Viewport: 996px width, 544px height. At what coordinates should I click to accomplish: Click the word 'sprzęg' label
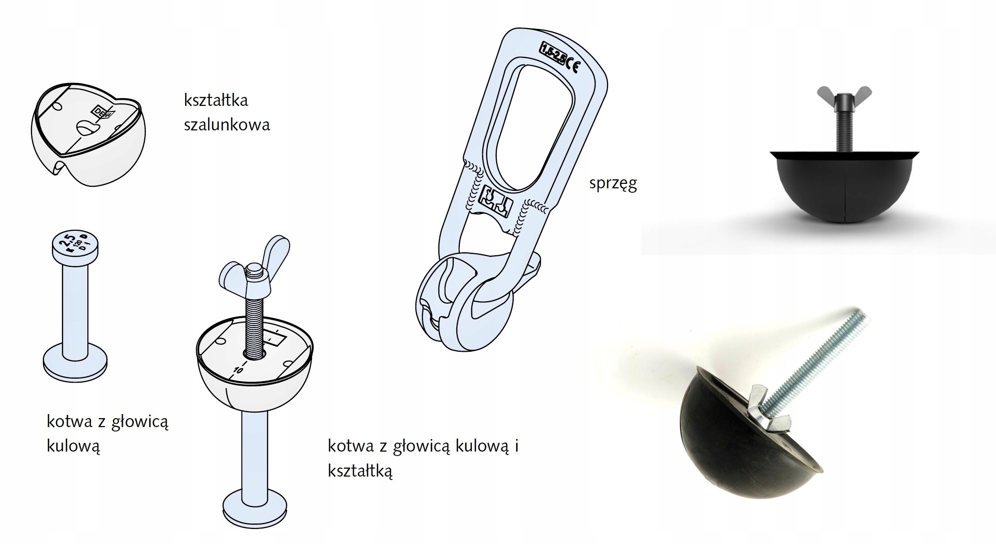tap(613, 184)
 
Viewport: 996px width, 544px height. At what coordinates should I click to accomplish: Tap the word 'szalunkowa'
tap(227, 124)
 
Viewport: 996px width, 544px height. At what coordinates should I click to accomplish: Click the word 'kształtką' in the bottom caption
tap(360, 471)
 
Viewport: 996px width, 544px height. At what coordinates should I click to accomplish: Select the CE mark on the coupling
tap(574, 66)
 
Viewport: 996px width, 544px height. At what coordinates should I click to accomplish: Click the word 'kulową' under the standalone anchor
tap(74, 446)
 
